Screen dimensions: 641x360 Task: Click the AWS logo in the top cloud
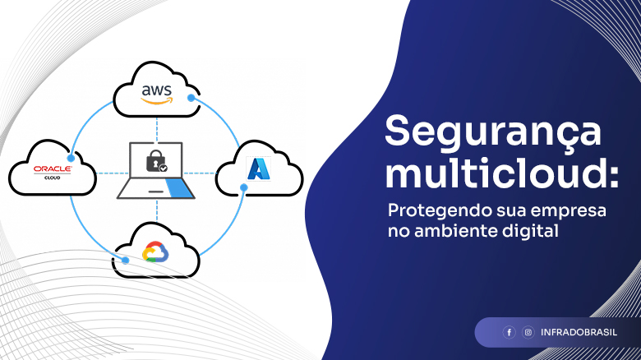(x=157, y=95)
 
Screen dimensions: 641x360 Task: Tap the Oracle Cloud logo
(x=53, y=173)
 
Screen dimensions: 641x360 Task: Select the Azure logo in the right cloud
(x=259, y=168)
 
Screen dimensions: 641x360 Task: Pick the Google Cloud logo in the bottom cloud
(x=156, y=252)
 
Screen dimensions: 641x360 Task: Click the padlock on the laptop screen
(x=156, y=161)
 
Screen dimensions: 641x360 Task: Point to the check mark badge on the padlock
(x=163, y=168)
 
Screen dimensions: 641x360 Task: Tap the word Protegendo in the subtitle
(x=440, y=211)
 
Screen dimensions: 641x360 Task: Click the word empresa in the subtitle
(x=574, y=212)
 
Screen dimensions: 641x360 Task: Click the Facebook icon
(x=509, y=332)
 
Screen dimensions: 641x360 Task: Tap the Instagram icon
(x=528, y=332)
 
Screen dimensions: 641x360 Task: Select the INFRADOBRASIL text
(x=579, y=332)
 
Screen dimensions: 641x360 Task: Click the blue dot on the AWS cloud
(x=191, y=98)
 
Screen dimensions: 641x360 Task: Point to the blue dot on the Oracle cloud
(x=71, y=159)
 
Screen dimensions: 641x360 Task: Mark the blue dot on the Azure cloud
(x=243, y=187)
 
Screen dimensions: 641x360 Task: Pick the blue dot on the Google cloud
(x=126, y=261)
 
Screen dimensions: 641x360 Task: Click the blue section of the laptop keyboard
(x=178, y=189)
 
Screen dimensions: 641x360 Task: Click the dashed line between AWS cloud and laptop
(x=157, y=130)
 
